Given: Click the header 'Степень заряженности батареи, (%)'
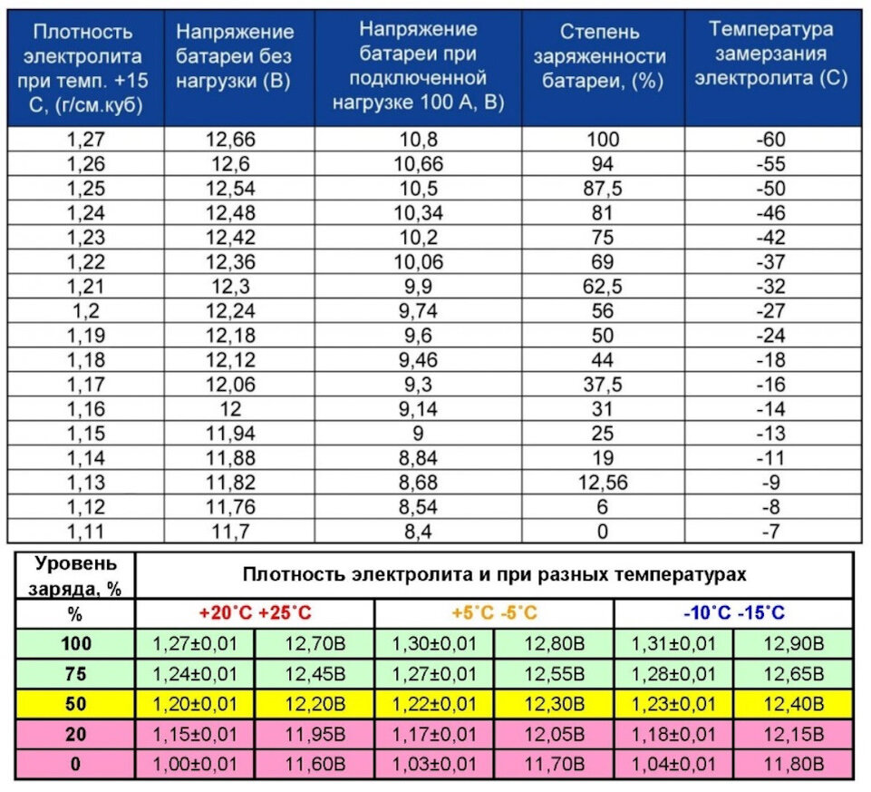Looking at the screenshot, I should [599, 57].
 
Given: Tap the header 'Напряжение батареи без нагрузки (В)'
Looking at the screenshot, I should [235, 57].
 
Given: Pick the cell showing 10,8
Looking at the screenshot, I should [418, 140].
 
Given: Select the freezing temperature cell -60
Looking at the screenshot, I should [771, 140].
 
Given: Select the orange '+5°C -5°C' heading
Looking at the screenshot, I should [494, 613].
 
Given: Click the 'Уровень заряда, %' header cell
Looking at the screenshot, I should [74, 574].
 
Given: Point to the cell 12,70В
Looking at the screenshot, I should [314, 644].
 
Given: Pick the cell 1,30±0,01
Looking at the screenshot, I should [434, 644].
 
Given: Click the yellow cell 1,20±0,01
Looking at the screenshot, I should [194, 703].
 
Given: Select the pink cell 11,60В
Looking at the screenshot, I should [314, 763].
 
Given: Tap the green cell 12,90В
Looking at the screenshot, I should [793, 644].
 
